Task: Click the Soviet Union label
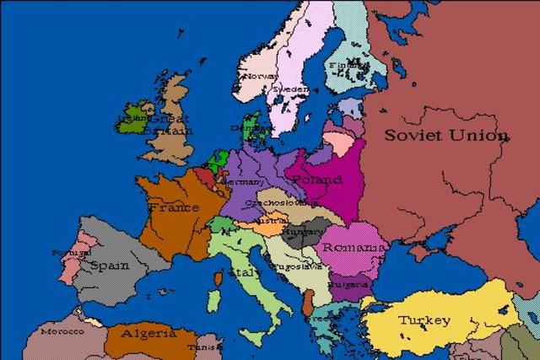[x=446, y=135]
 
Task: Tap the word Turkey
[x=424, y=320]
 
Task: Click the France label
[x=173, y=207]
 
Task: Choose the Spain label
[x=110, y=265]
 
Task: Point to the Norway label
[x=260, y=76]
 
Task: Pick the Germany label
[x=241, y=180]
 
